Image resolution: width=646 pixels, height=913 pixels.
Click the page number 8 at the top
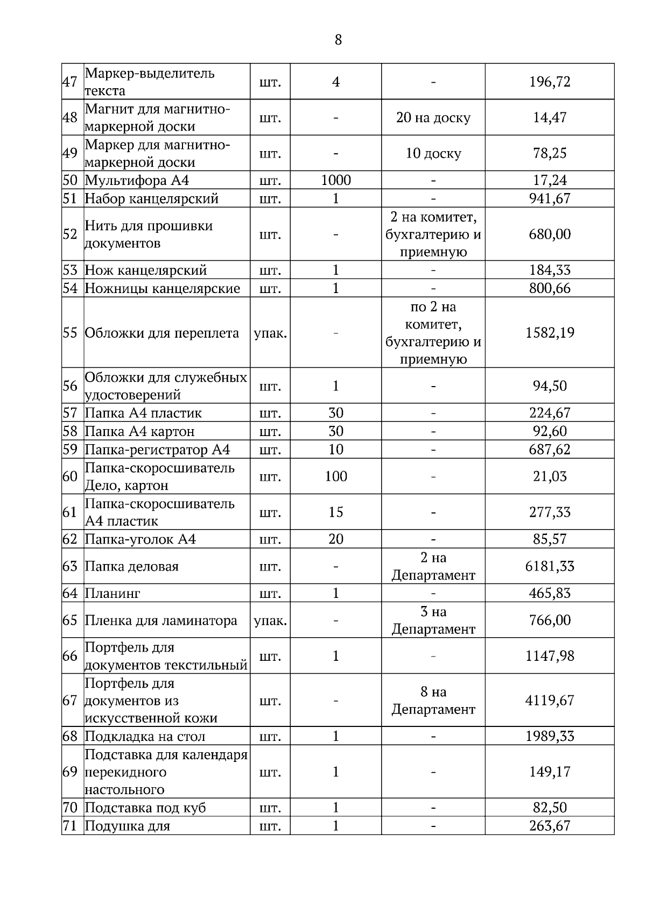(338, 40)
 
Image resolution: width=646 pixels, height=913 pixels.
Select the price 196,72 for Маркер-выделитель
(550, 82)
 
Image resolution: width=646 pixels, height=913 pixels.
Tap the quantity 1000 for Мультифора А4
(335, 180)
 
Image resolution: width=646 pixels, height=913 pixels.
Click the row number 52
(70, 234)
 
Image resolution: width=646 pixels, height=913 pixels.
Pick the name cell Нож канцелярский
(146, 270)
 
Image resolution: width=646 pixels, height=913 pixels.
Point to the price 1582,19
(550, 332)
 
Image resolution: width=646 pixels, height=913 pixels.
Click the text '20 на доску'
(433, 117)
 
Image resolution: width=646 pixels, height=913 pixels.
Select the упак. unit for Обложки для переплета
(270, 333)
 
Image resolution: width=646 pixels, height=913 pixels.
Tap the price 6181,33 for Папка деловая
(550, 566)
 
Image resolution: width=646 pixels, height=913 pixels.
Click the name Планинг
(113, 593)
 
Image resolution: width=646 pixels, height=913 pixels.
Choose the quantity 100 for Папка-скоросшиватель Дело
(335, 476)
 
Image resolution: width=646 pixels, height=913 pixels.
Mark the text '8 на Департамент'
(433, 701)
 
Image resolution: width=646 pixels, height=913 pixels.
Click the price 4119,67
(550, 701)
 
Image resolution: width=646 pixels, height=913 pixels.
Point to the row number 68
(70, 736)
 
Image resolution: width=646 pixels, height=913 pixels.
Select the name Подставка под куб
(145, 808)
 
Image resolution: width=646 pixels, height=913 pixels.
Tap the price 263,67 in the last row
(550, 826)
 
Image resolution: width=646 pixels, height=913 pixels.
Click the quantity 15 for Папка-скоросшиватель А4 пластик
(335, 512)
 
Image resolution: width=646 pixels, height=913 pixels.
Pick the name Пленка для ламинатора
(161, 620)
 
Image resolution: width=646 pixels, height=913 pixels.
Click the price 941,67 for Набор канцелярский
(550, 198)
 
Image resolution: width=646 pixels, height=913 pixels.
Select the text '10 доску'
(433, 153)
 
